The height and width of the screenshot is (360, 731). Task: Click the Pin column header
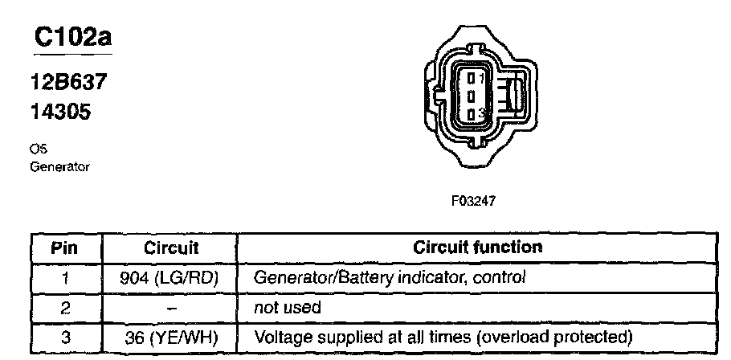[66, 247]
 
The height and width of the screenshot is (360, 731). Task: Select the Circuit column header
[170, 247]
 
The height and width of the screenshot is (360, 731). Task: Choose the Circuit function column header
[476, 247]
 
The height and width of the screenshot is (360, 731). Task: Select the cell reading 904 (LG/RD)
[170, 278]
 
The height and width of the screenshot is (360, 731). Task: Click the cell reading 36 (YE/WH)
[170, 336]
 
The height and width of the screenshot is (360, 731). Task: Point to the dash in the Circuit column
[170, 307]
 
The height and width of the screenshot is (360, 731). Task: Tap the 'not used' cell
[288, 307]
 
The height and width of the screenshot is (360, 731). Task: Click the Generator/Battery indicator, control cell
[390, 278]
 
